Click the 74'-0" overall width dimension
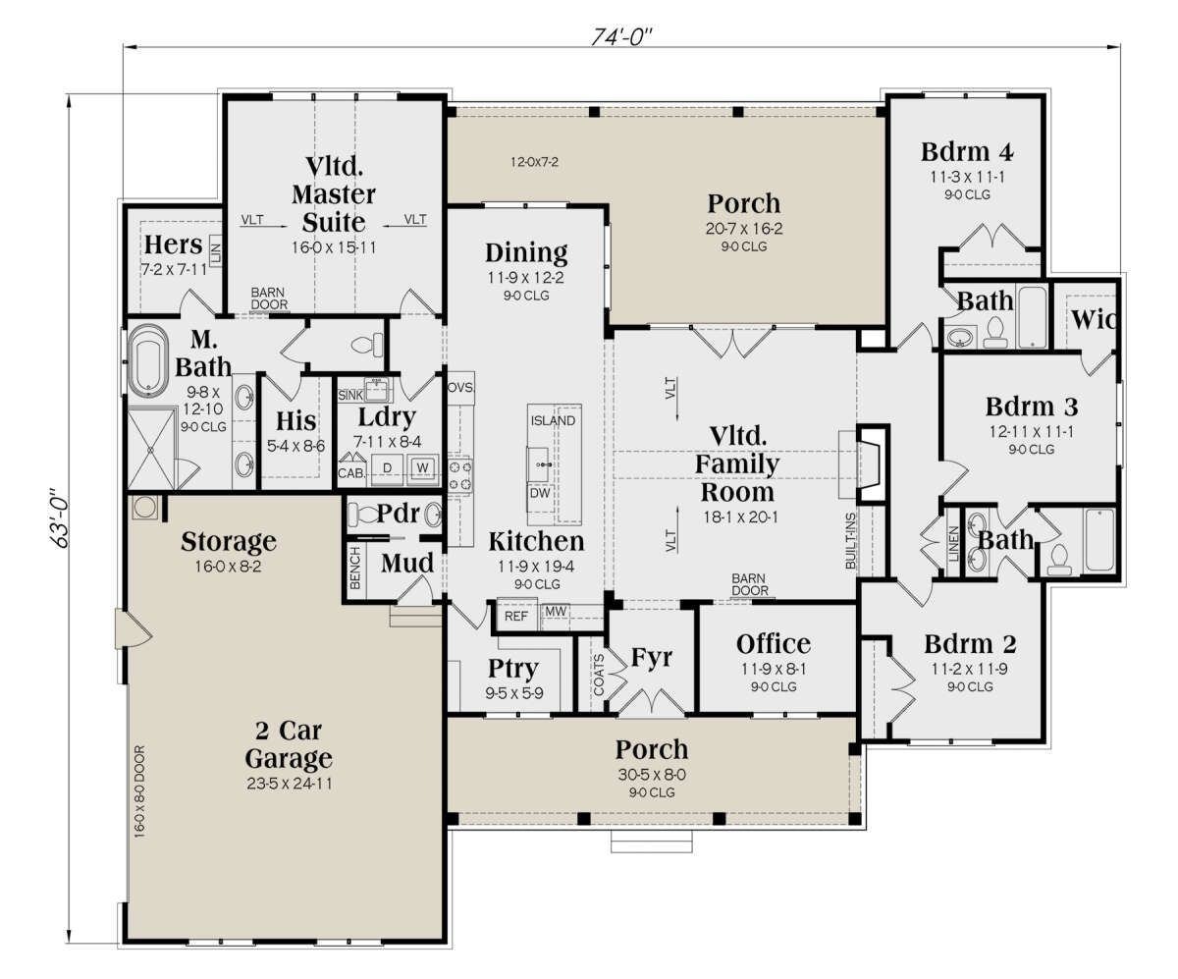[x=621, y=36]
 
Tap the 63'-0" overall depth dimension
[x=59, y=517]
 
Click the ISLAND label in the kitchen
[x=553, y=420]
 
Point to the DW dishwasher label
[x=539, y=493]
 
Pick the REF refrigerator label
[x=515, y=617]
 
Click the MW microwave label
[x=556, y=611]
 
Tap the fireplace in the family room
[x=872, y=463]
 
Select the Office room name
[x=773, y=644]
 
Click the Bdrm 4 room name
[x=966, y=152]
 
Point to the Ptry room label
[x=512, y=670]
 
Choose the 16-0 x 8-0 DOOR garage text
[x=139, y=791]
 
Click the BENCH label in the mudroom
[x=354, y=568]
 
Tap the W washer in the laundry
[x=422, y=467]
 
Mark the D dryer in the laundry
[x=387, y=467]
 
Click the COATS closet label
[x=599, y=675]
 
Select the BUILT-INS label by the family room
[x=850, y=541]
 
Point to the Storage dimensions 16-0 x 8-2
[x=228, y=566]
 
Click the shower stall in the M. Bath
[x=150, y=449]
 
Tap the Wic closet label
[x=1094, y=320]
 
